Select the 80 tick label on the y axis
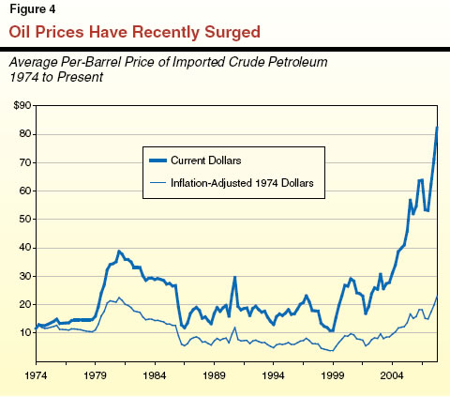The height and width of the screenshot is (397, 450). point(22,134)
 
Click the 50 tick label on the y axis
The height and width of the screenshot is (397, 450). point(22,220)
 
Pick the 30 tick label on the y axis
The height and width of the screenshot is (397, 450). point(22,277)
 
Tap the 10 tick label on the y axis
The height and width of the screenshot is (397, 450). point(22,333)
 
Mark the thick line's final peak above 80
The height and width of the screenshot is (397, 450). point(437,128)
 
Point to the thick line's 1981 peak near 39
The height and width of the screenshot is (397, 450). point(118,252)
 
